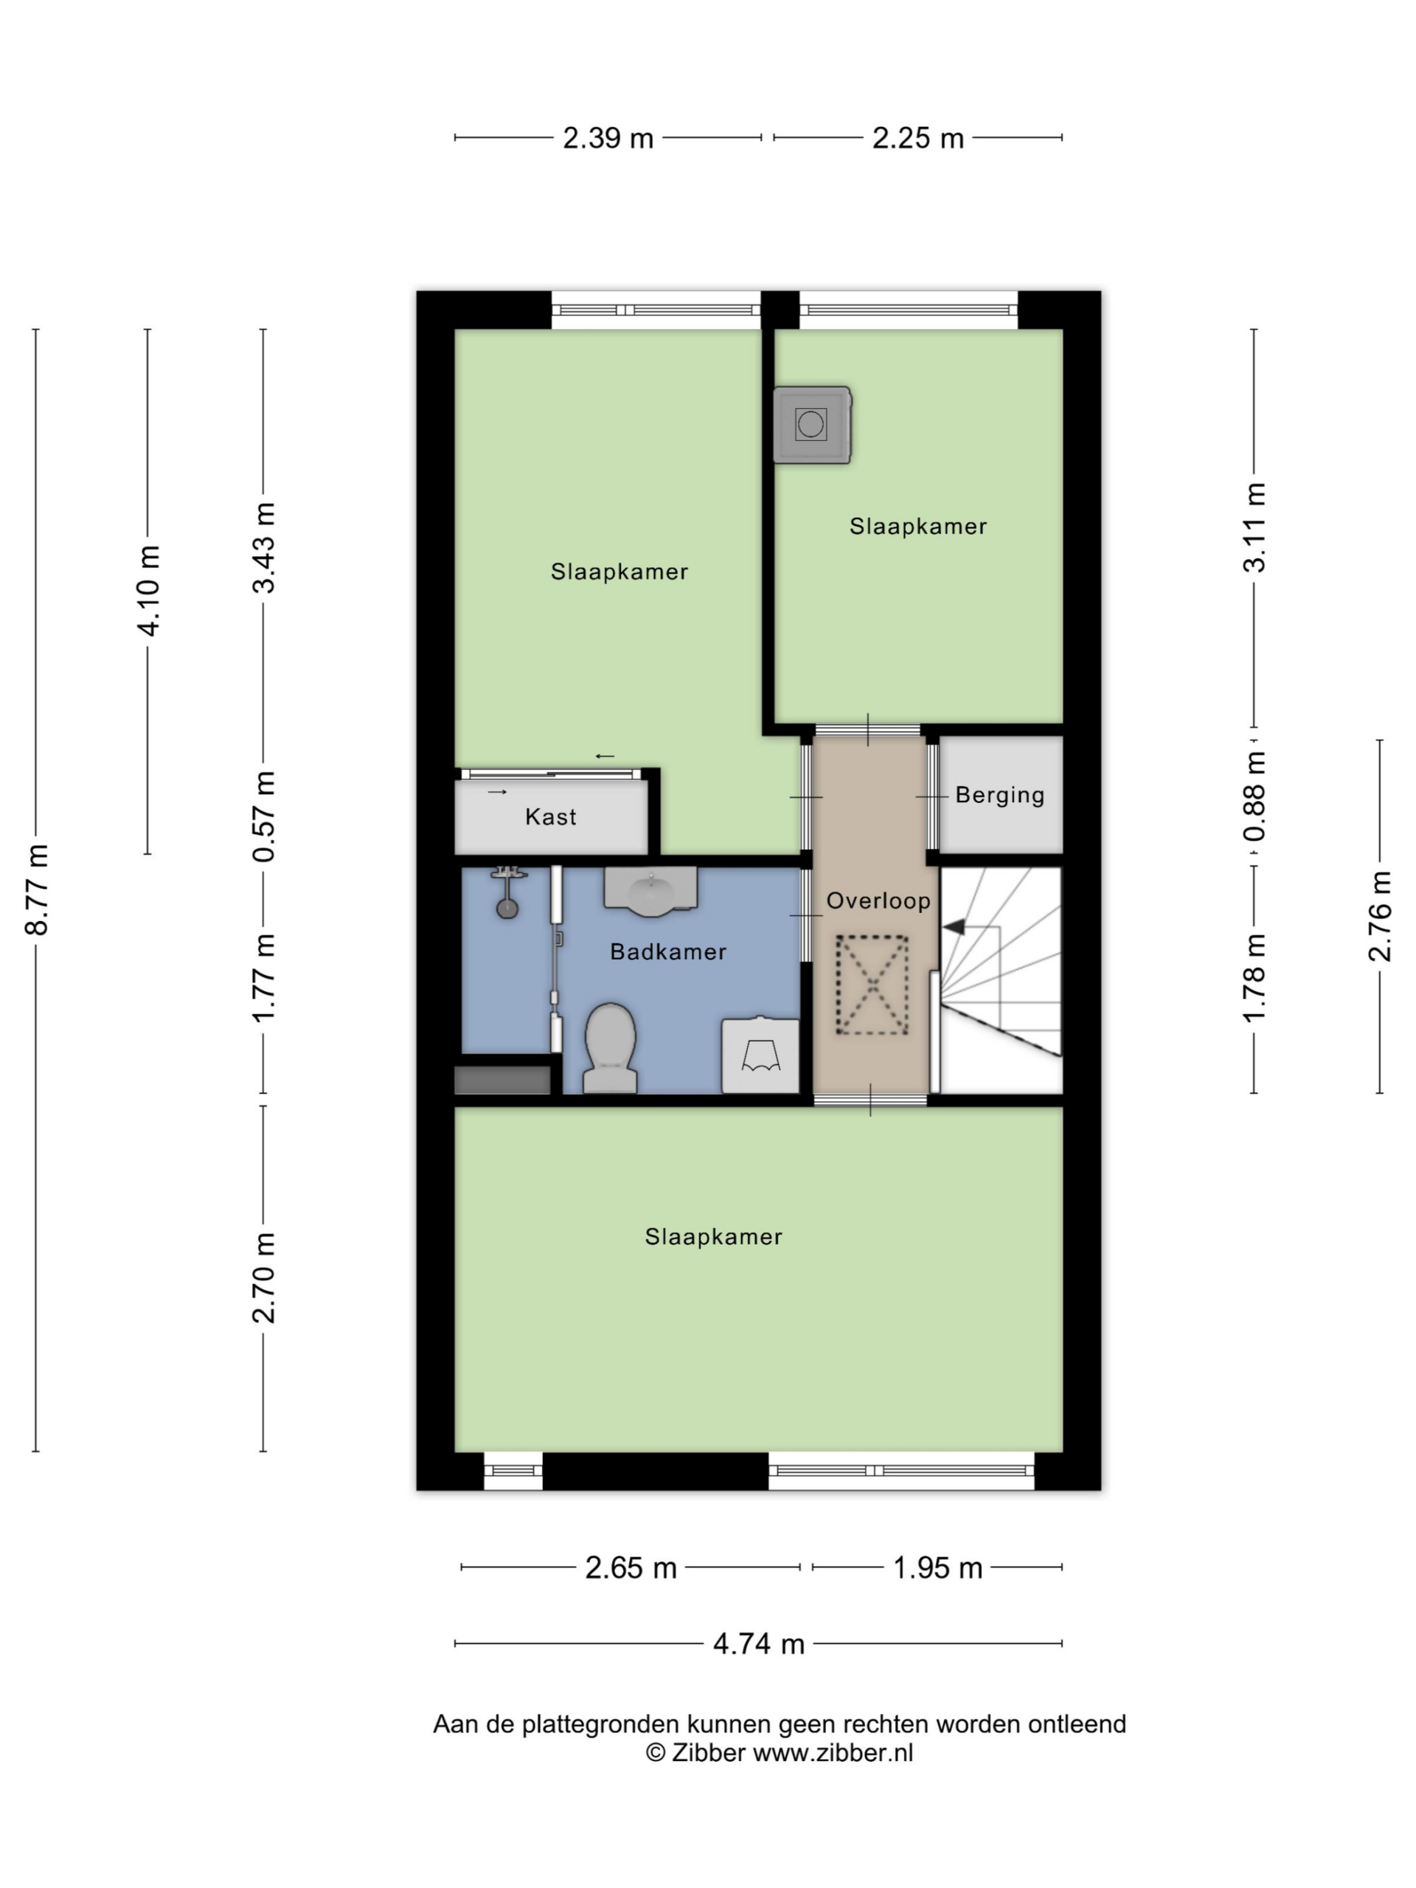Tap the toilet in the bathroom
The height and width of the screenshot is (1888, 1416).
[x=610, y=1047]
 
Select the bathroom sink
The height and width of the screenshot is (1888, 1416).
[x=651, y=891]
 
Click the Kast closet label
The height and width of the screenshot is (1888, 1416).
[x=550, y=817]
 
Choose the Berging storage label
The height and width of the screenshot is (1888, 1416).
[x=999, y=796]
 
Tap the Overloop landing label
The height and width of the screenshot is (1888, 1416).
[x=878, y=900]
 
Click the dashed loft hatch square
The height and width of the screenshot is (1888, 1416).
[x=872, y=985]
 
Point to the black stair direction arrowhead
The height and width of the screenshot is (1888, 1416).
[x=954, y=926]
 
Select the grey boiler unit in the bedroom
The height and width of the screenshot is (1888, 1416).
[x=812, y=425]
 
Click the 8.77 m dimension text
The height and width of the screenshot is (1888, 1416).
[x=37, y=889]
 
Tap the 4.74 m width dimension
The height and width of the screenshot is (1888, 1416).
[x=759, y=1643]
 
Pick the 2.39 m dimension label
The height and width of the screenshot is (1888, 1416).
[x=608, y=138]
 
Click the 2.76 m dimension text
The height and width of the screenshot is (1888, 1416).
[x=1380, y=917]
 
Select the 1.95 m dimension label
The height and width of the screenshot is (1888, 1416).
[x=937, y=1568]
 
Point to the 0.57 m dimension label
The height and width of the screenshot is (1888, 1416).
[x=264, y=816]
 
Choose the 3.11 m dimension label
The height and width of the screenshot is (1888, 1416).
[x=1254, y=527]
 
